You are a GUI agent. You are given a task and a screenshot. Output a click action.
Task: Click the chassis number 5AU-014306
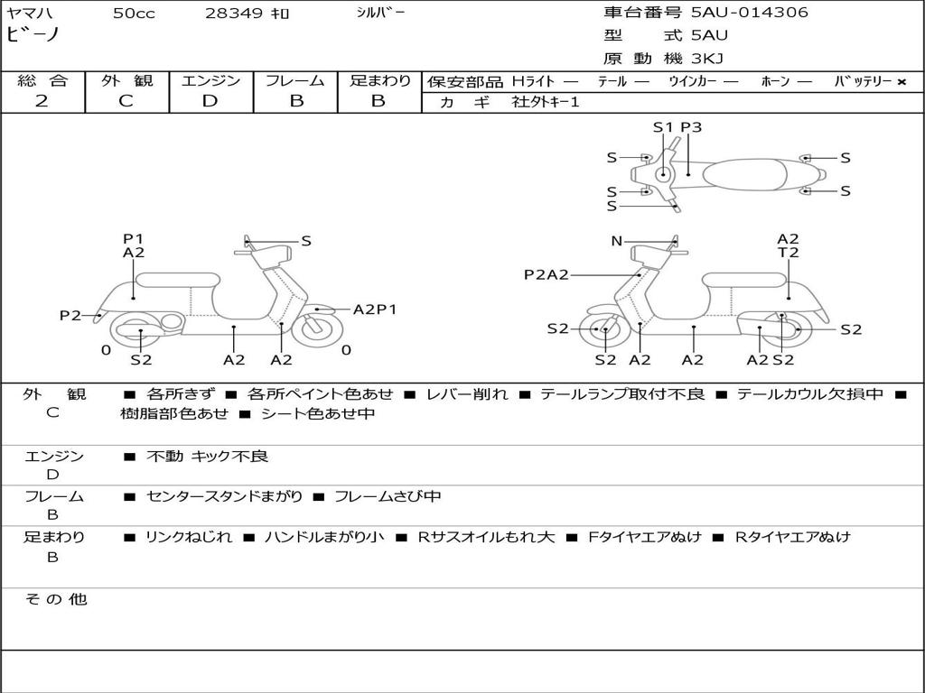click(x=750, y=13)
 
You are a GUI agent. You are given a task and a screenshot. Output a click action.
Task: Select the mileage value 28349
click(x=234, y=14)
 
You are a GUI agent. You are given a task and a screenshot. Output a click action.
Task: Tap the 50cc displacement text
click(x=133, y=14)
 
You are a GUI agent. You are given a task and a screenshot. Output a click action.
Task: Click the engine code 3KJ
click(x=706, y=59)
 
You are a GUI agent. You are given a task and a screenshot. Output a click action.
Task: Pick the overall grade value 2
click(x=42, y=101)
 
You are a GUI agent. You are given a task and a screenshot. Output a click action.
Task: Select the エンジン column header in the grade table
click(x=210, y=80)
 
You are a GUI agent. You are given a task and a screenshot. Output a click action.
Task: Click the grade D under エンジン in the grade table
click(x=210, y=101)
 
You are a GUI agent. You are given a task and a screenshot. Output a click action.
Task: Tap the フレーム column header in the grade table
click(x=294, y=80)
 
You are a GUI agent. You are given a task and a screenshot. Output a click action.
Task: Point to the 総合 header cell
click(x=42, y=80)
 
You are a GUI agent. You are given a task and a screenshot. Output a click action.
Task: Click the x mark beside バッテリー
click(x=901, y=82)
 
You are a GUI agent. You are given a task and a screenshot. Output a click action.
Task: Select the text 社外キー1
click(x=546, y=102)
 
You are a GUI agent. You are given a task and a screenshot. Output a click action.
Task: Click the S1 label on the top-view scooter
click(x=663, y=127)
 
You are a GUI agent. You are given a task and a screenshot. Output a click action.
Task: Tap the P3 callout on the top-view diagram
click(x=691, y=127)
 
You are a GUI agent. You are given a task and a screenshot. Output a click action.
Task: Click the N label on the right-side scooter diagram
click(x=617, y=241)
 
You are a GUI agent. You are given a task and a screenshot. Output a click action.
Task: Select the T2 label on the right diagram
click(x=788, y=253)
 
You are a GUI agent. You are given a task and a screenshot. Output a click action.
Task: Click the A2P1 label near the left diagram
click(x=375, y=310)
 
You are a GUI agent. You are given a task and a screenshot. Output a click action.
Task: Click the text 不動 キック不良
click(x=207, y=457)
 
